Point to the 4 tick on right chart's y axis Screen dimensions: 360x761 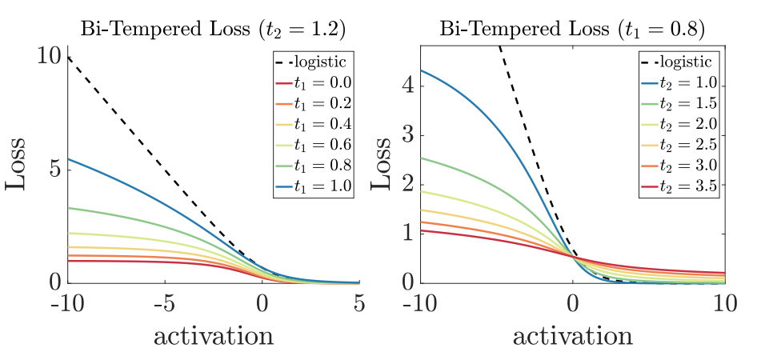(410, 84)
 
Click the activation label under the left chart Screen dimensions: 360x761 (213, 336)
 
